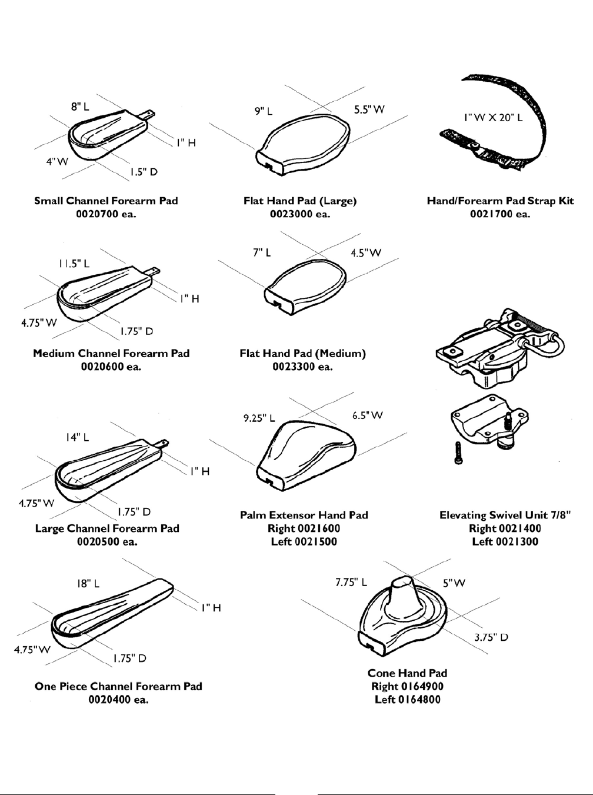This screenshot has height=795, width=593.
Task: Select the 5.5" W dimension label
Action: point(369,109)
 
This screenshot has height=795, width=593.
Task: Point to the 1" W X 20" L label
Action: point(493,117)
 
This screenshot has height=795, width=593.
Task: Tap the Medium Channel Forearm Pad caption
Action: point(111,354)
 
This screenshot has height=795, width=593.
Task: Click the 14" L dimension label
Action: point(78,437)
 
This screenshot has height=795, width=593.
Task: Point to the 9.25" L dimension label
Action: point(259,419)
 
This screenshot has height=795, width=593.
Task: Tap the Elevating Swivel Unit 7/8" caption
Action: point(505,515)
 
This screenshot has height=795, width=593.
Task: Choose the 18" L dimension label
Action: point(88,584)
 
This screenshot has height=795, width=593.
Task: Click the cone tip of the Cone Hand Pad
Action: point(402,583)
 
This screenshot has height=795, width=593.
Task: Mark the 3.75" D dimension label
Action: point(491,637)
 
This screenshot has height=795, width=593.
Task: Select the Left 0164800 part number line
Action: point(407,699)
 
